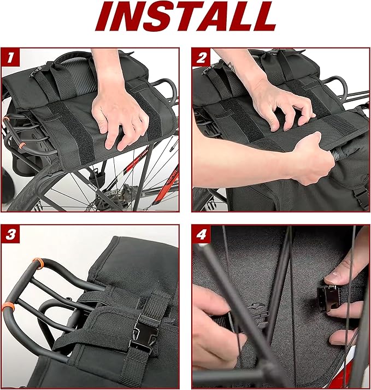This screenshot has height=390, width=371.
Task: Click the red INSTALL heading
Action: [x=186, y=16]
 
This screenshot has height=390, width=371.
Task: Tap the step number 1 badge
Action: [x=10, y=57]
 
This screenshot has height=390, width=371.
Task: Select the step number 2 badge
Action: [x=201, y=57]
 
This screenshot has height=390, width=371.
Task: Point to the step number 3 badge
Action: [x=10, y=234]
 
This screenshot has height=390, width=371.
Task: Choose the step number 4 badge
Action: [x=201, y=234]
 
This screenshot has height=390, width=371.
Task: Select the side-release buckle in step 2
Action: [x=362, y=196]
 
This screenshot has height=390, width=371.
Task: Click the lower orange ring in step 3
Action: [x=8, y=308]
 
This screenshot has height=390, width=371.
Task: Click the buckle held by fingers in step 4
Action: [x=328, y=298]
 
